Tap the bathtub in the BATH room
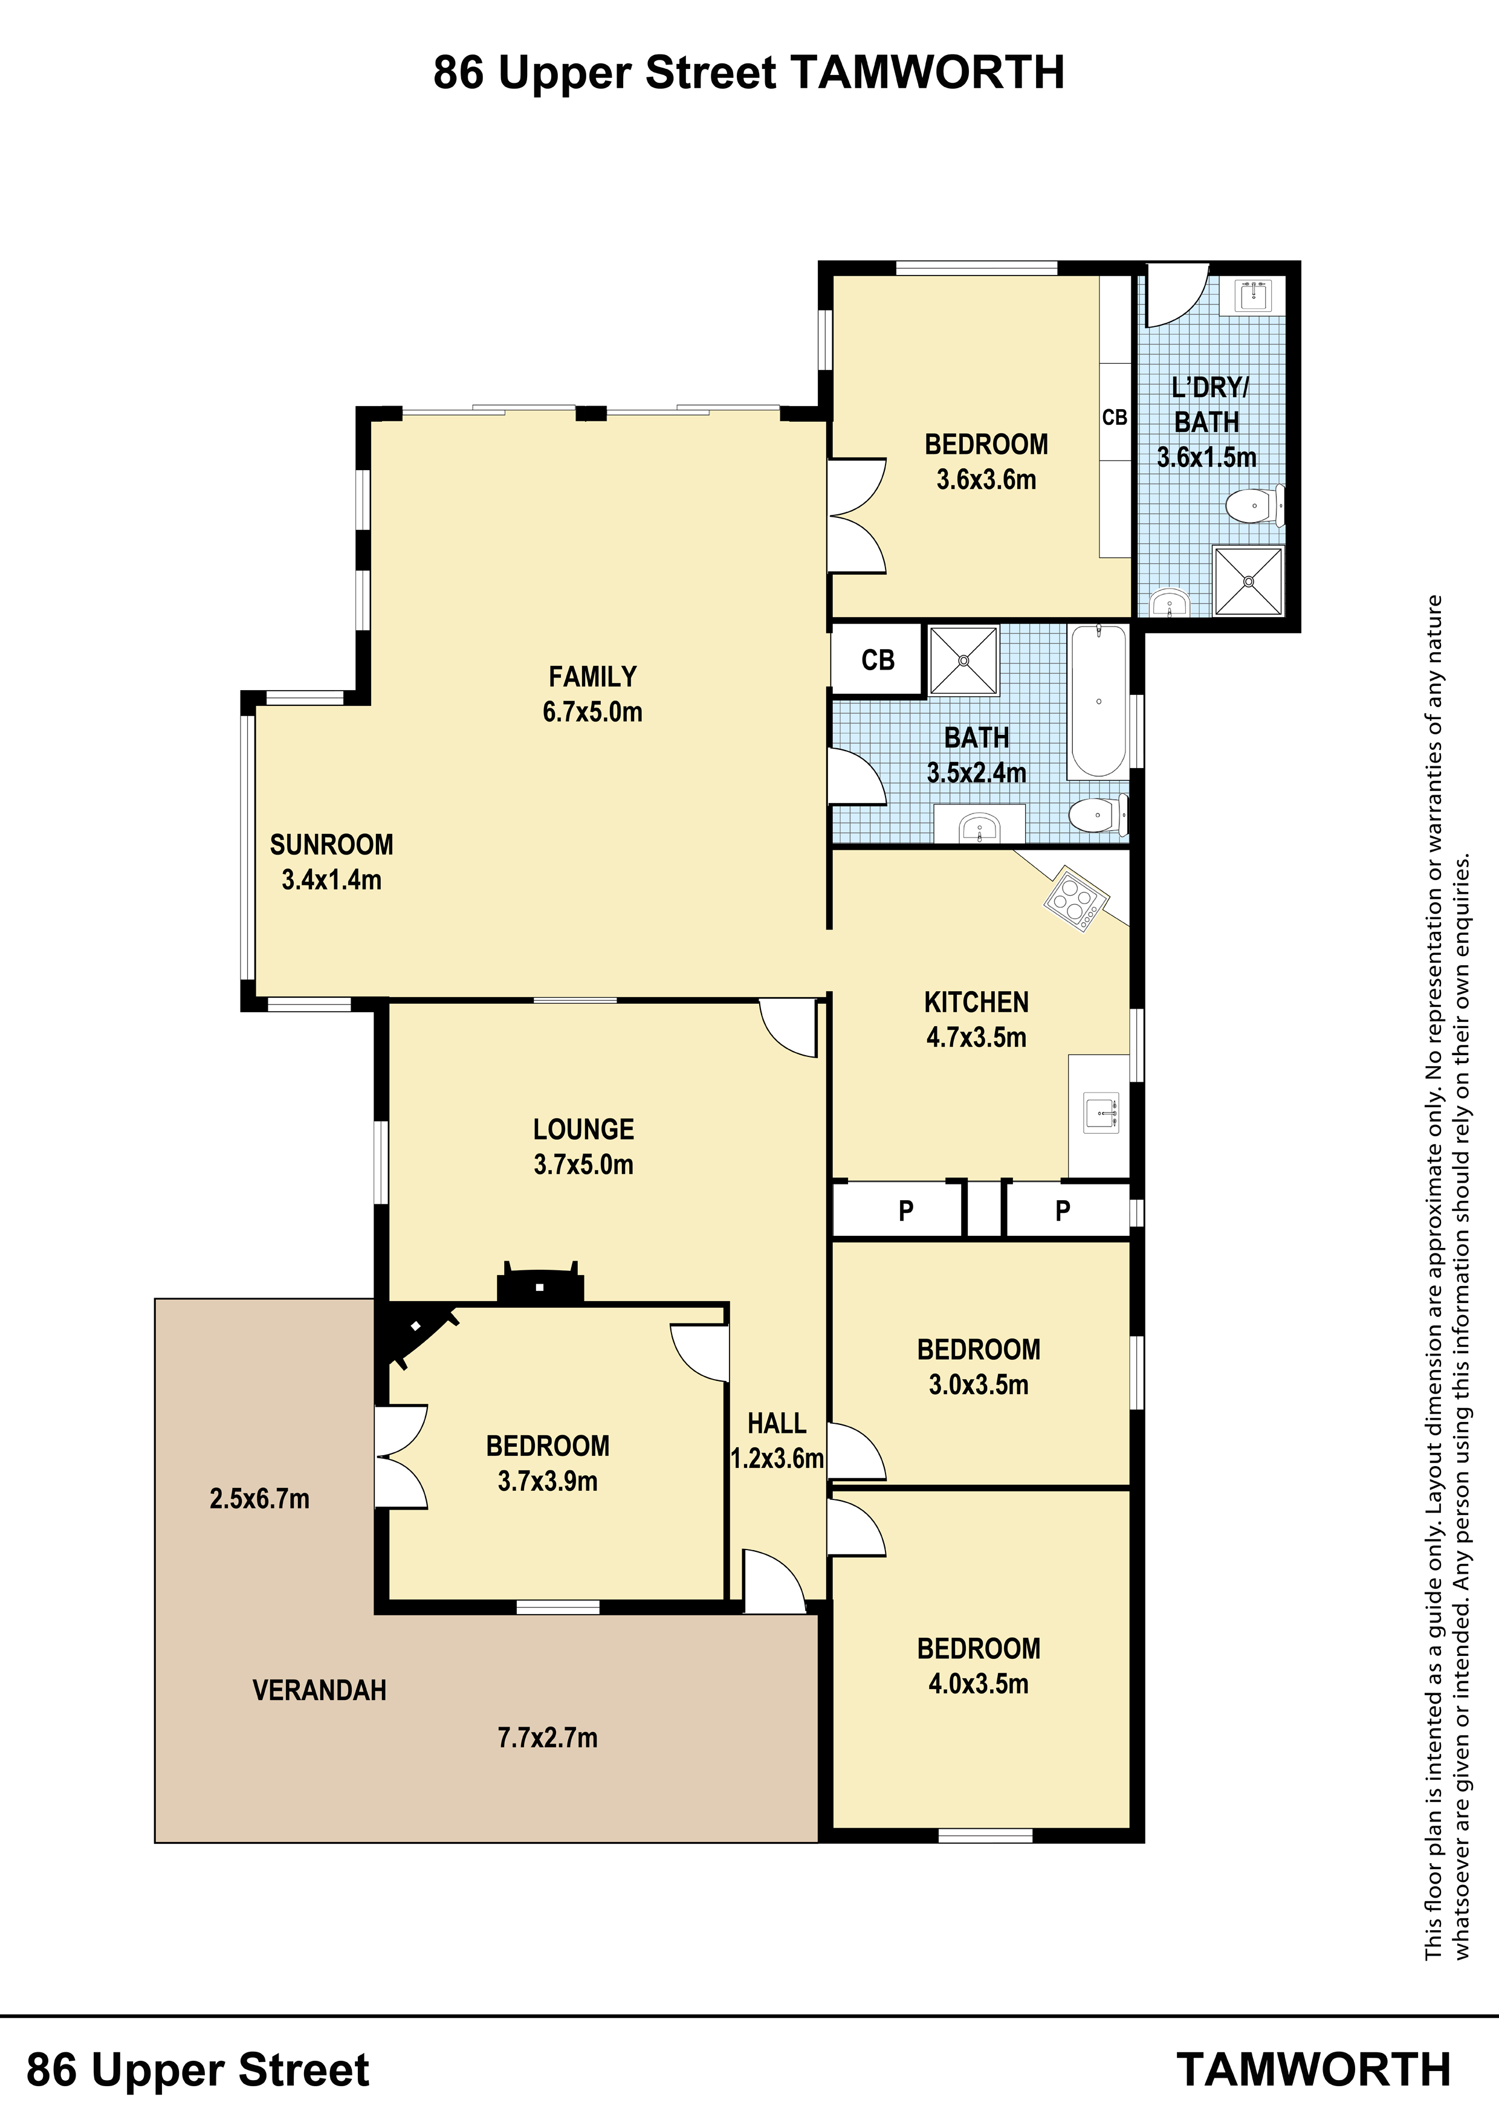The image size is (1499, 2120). (1098, 701)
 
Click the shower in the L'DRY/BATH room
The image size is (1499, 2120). (1248, 581)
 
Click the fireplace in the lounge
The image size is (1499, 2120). (540, 1284)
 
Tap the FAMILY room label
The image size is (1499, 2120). (593, 677)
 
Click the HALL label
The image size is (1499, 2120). (777, 1423)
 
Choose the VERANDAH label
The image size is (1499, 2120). (320, 1691)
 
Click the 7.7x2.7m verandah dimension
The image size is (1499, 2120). (548, 1737)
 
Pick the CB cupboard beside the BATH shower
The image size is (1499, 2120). (878, 659)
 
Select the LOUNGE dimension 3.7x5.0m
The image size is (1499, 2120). (584, 1165)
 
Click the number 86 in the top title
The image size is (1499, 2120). (458, 73)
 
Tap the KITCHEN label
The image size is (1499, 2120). (976, 1002)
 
